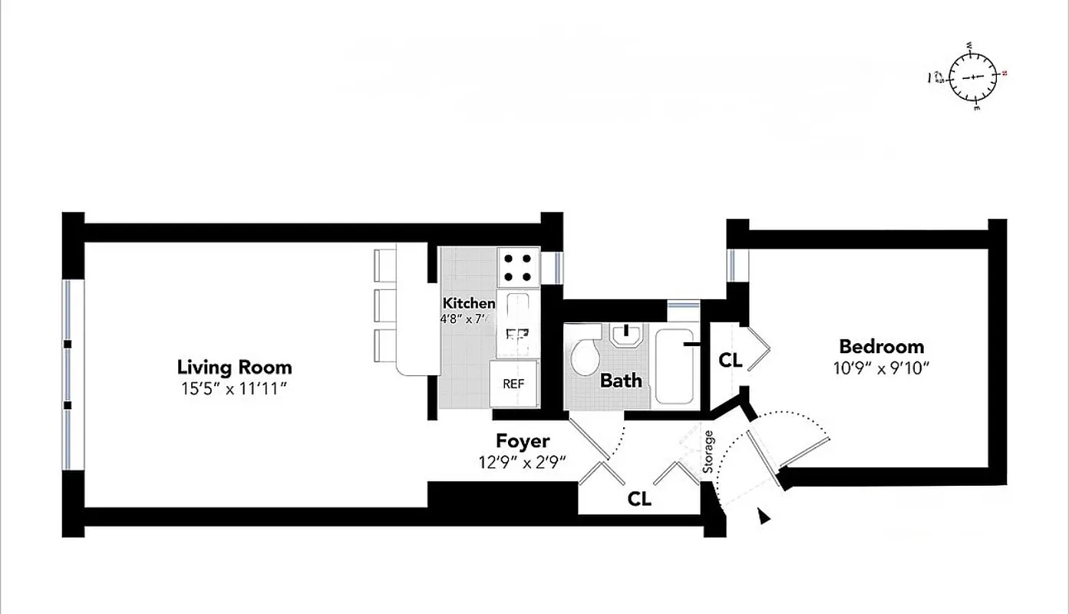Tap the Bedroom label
(881, 346)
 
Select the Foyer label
(522, 441)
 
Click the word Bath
(621, 380)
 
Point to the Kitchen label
(468, 303)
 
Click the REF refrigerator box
(514, 383)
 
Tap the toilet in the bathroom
(589, 357)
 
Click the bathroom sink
(629, 335)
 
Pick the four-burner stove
(518, 267)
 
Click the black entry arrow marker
(764, 516)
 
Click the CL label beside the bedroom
(730, 359)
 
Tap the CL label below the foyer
(639, 499)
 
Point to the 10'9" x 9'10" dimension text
(881, 368)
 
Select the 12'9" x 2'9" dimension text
(521, 462)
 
